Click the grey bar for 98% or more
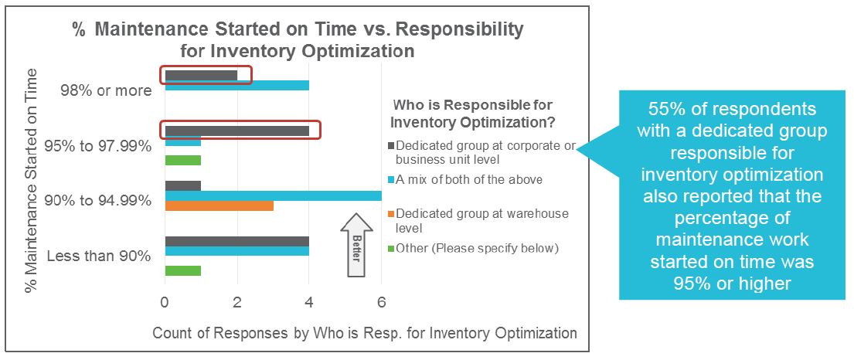click(x=201, y=76)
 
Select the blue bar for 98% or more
click(x=236, y=86)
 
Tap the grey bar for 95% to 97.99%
click(x=236, y=131)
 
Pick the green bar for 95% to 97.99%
click(x=182, y=160)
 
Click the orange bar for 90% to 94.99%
click(x=219, y=205)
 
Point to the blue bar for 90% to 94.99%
click(x=273, y=195)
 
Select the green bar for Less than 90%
click(x=182, y=270)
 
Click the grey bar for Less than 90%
click(x=236, y=241)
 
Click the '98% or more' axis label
click(x=107, y=90)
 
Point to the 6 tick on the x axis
click(x=381, y=300)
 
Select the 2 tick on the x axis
click(x=237, y=300)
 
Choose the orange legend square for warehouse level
click(x=392, y=213)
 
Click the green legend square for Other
click(x=392, y=248)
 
